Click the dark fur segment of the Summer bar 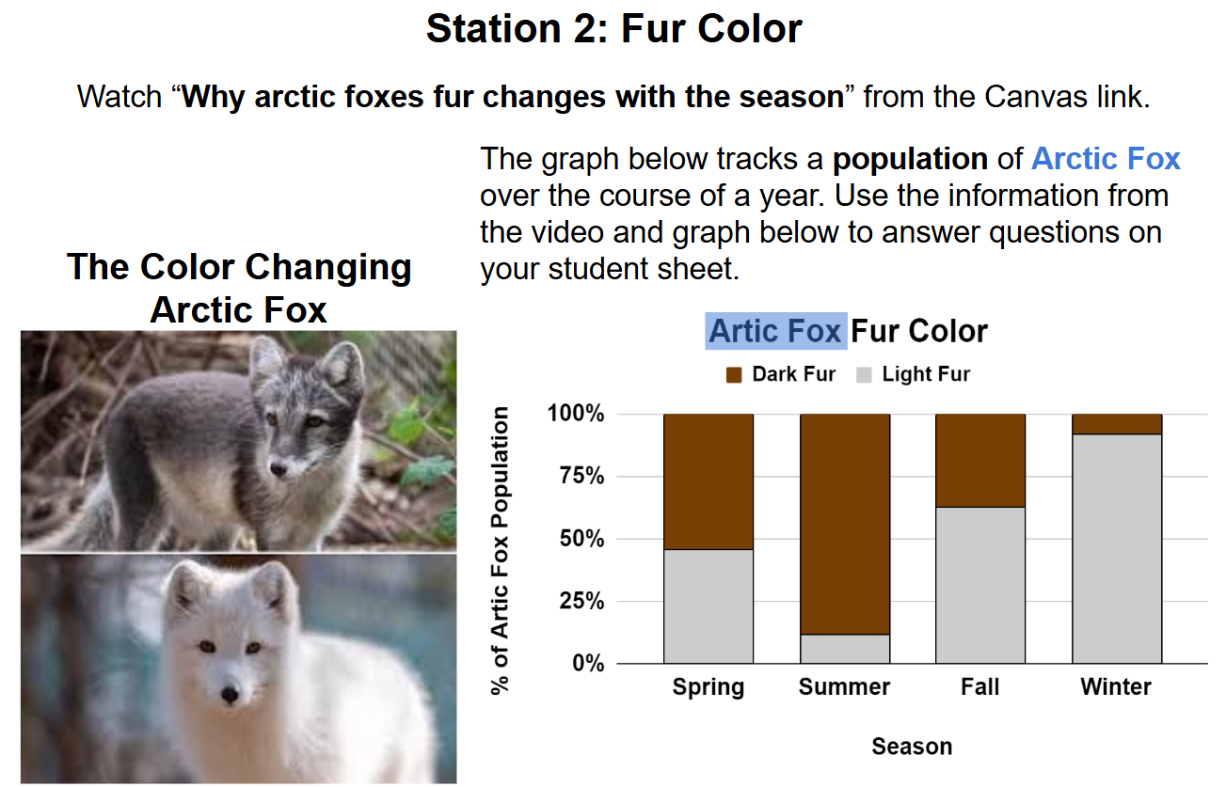tap(845, 524)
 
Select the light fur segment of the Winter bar tap(1117, 548)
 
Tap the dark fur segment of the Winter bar tap(1117, 424)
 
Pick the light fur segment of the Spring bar tap(709, 606)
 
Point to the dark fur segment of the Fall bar tap(980, 461)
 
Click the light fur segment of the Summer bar tap(845, 649)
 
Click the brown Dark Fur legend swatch tap(733, 375)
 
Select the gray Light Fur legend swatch tap(864, 375)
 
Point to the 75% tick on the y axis tap(581, 476)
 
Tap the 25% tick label tap(581, 601)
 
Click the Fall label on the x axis tap(979, 686)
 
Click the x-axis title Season tap(912, 746)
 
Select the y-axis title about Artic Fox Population tap(501, 550)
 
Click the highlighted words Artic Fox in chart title tap(775, 331)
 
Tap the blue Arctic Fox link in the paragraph tap(1106, 159)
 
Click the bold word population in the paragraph tap(910, 160)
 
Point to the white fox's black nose tap(230, 695)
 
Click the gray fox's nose tap(279, 468)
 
